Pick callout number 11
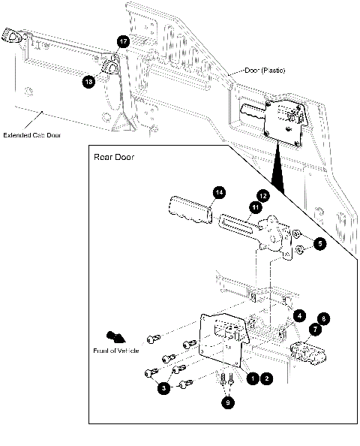coord(256,207)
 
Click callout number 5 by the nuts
coord(320,243)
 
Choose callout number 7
coord(315,329)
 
